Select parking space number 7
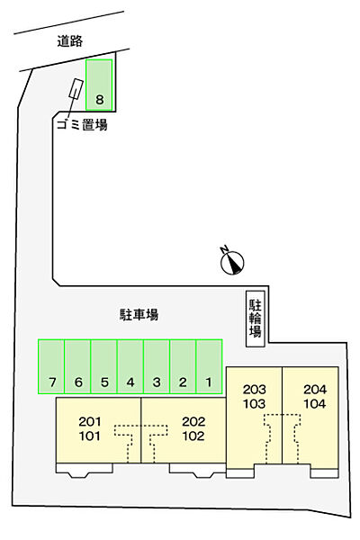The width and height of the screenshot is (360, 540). coord(52,366)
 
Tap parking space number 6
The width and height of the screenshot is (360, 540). coord(78,366)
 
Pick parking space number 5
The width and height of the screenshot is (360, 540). coord(104,366)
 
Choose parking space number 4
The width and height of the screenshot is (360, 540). coord(130,366)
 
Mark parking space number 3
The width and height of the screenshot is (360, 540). coord(157,366)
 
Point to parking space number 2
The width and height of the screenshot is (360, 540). coord(183,366)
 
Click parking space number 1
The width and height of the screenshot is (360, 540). coord(209,366)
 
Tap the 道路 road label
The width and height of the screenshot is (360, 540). coord(68,40)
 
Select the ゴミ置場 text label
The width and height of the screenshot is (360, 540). coord(81,125)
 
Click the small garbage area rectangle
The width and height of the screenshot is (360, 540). coord(73,94)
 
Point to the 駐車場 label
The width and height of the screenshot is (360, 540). coord(139,314)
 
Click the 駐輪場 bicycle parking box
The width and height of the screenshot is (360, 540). coord(256,317)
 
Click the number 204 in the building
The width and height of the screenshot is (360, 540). coord(315,389)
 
